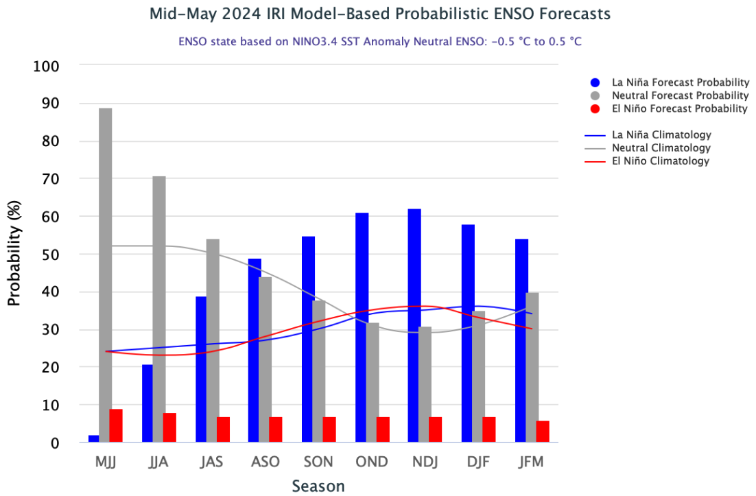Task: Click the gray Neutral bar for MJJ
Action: [x=105, y=274]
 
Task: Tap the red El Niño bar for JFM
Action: [x=543, y=432]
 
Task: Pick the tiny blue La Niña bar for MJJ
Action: [x=93, y=438]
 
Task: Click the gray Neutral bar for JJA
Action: [x=158, y=309]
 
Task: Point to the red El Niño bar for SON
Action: [x=329, y=429]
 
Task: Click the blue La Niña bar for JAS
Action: [x=201, y=369]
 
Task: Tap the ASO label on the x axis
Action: [x=265, y=462]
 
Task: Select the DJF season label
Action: [x=478, y=462]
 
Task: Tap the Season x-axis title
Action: [x=318, y=486]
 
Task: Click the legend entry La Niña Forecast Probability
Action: [x=680, y=82]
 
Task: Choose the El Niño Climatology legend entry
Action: [x=661, y=161]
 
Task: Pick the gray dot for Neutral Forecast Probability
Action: [x=595, y=95]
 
